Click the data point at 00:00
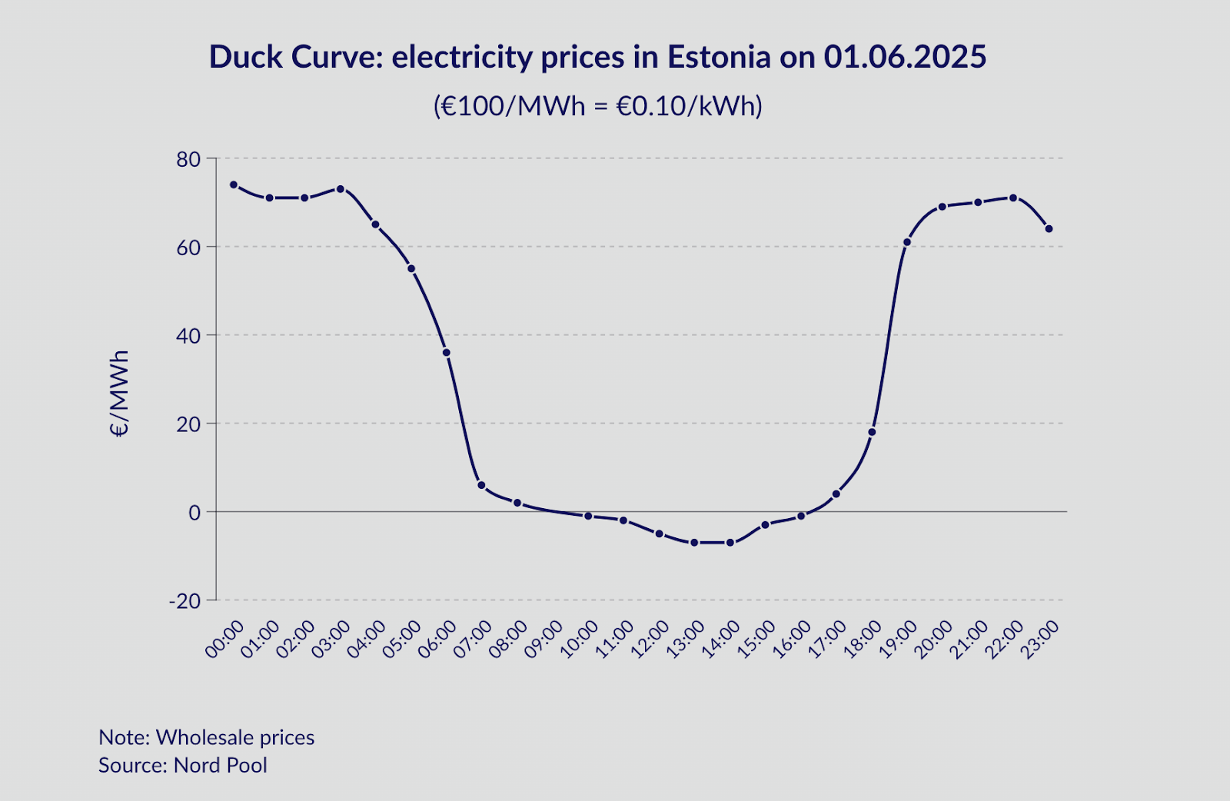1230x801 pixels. pos(234,184)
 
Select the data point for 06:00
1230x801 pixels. pos(446,352)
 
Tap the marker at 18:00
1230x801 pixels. pos(872,432)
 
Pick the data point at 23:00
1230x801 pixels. pos(1049,229)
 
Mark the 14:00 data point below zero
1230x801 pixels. pos(730,543)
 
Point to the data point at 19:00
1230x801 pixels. pos(907,242)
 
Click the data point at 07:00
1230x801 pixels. pos(481,485)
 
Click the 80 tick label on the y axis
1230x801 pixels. pos(188,159)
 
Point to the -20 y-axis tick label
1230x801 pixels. pos(184,600)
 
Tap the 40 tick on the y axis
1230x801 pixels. pos(188,336)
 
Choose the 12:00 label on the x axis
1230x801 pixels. pos(650,640)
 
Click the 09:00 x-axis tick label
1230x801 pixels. pos(544,640)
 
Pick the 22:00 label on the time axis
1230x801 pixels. pos(1004,640)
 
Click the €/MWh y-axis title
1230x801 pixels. pos(119,394)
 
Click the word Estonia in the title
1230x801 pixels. pos(719,57)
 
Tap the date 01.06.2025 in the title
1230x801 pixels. pos(905,57)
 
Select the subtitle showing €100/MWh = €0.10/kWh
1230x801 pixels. pos(598,105)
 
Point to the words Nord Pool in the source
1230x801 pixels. pos(221,766)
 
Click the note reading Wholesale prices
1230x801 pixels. pos(235,737)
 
